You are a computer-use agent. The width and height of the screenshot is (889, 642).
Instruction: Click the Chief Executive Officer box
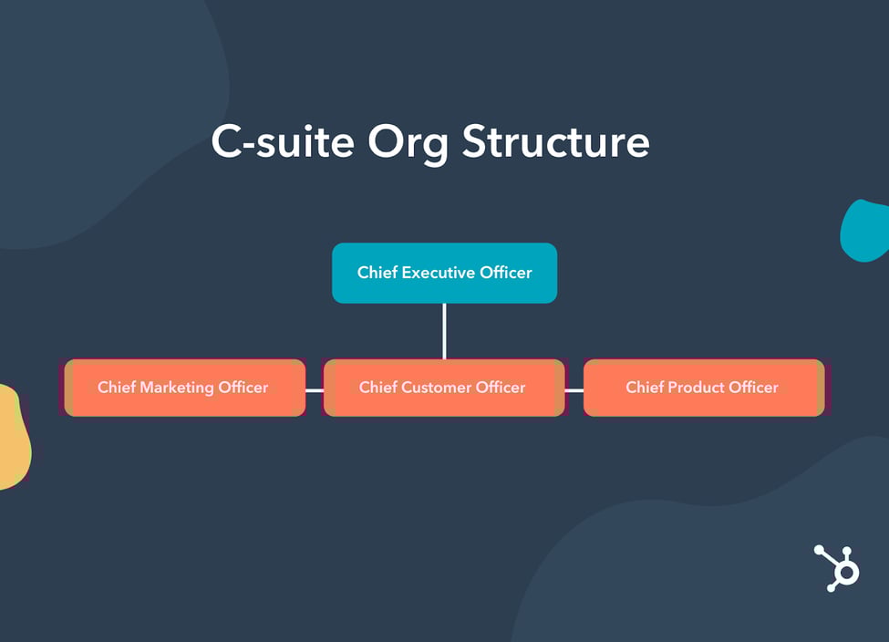(x=444, y=273)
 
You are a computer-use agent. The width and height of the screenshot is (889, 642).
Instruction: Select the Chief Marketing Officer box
(x=184, y=388)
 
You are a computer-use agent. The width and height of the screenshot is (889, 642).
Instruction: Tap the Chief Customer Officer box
(x=443, y=388)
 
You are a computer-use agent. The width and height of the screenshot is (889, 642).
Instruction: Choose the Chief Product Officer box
(x=703, y=388)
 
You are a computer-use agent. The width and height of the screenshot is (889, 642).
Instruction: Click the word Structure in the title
(x=555, y=142)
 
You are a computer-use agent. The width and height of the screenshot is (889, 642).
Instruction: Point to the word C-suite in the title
(x=282, y=142)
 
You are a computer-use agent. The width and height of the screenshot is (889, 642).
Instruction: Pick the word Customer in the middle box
(x=438, y=388)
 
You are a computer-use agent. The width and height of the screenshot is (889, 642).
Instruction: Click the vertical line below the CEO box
(x=444, y=330)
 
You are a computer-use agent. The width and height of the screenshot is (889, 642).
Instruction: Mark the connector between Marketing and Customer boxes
(x=315, y=389)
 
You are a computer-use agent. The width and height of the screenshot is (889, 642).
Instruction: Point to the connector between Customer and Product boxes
(x=574, y=389)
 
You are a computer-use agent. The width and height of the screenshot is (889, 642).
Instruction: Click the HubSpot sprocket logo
(x=837, y=568)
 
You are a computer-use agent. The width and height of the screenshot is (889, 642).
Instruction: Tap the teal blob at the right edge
(x=866, y=231)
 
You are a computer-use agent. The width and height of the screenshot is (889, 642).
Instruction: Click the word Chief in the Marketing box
(x=116, y=388)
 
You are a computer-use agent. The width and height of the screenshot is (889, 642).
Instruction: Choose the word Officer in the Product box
(x=753, y=388)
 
